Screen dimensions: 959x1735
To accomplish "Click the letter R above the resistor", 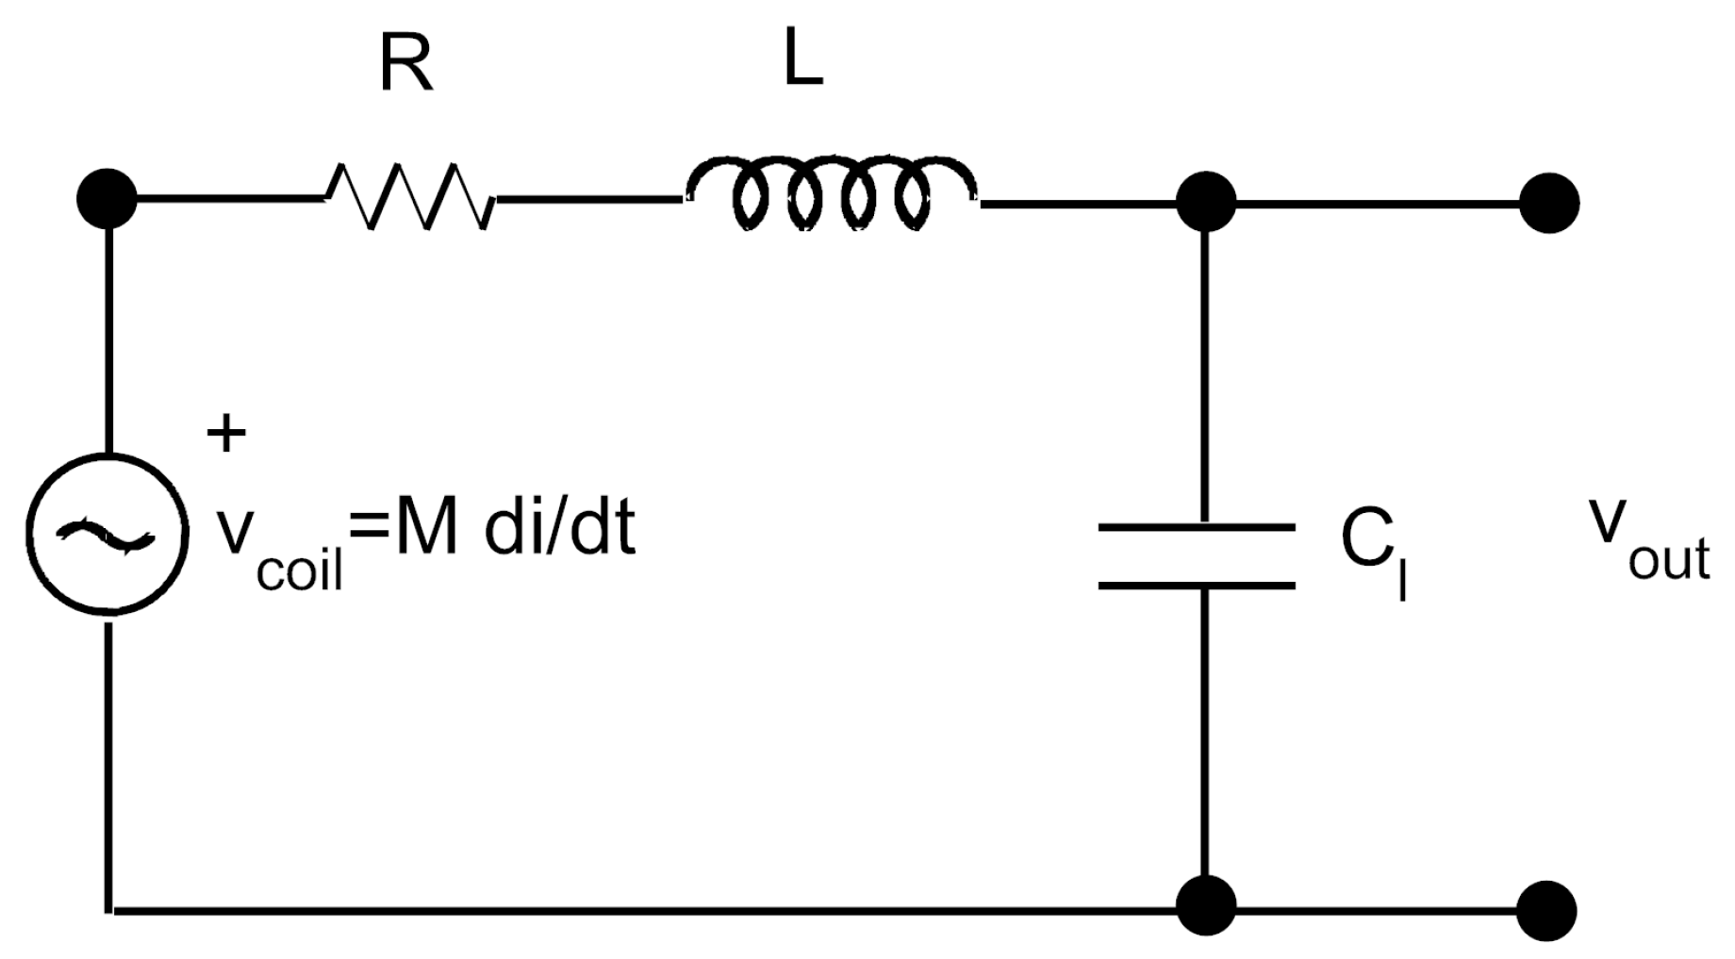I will (x=406, y=65).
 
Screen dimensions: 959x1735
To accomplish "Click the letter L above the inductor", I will (x=803, y=62).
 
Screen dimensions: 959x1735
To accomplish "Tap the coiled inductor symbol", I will (x=831, y=194).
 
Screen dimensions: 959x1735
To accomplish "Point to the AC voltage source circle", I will (x=107, y=536).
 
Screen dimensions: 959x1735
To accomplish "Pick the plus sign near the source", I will (x=226, y=435).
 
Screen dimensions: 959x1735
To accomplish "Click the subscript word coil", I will (x=300, y=570).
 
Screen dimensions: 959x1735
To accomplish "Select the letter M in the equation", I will (x=426, y=530).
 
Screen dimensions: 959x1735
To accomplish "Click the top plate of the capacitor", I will (x=1196, y=527).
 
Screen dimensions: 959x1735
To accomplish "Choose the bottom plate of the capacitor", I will (x=1196, y=586).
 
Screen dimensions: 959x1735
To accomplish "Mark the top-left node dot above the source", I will (x=107, y=199).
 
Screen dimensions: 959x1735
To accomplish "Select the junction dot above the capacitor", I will (x=1206, y=202).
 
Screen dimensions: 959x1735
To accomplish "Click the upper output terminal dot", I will (x=1549, y=203).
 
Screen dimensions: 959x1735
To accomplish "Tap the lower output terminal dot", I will (x=1547, y=911).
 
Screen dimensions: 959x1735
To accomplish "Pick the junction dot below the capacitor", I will (x=1206, y=905).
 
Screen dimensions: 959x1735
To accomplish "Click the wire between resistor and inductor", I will (x=589, y=200).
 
